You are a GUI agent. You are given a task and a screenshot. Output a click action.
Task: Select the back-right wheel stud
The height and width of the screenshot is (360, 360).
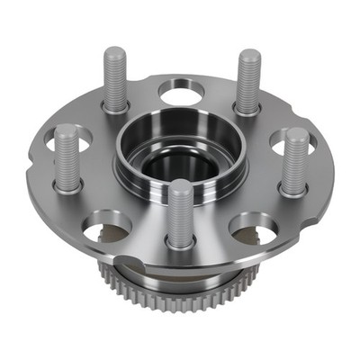click(x=248, y=81)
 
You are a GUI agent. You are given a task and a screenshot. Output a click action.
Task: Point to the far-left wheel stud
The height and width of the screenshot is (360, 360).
click(x=66, y=157)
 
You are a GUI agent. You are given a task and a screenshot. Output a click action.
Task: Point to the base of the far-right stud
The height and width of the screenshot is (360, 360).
click(x=292, y=189)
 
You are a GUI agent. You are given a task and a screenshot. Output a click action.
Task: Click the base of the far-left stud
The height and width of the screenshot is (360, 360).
click(x=67, y=184)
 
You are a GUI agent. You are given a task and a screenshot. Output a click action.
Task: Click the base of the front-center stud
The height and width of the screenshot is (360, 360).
click(x=180, y=241)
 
